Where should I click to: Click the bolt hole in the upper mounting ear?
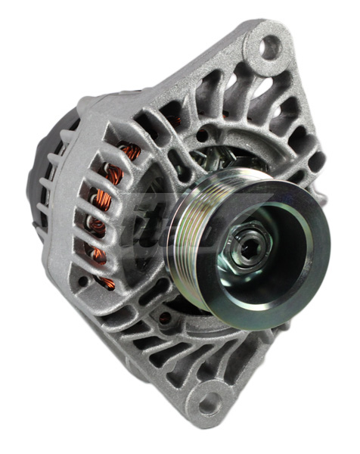coord(270,48)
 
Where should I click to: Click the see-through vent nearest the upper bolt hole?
coord(242,83)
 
